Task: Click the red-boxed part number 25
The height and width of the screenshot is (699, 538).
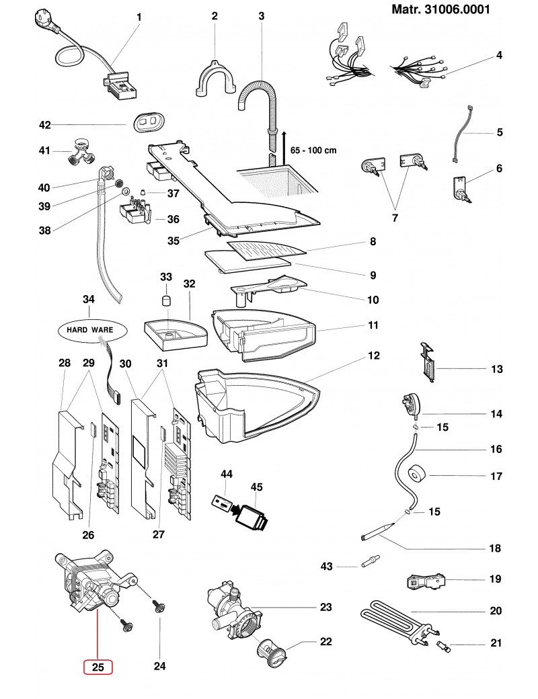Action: click(x=98, y=667)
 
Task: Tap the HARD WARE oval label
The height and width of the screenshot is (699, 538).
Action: click(x=92, y=330)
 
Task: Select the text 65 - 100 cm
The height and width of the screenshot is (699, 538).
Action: click(x=313, y=151)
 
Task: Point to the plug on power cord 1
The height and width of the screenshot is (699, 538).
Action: click(x=44, y=20)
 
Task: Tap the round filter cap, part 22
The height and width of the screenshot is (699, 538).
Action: click(x=272, y=653)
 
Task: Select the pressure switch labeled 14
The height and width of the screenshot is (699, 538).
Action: click(x=410, y=404)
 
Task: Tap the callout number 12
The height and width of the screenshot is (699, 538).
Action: click(x=373, y=356)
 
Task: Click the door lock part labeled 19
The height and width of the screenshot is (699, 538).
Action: click(x=427, y=582)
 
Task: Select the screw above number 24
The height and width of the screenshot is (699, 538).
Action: click(x=158, y=607)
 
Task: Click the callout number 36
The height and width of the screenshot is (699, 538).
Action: click(x=173, y=219)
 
